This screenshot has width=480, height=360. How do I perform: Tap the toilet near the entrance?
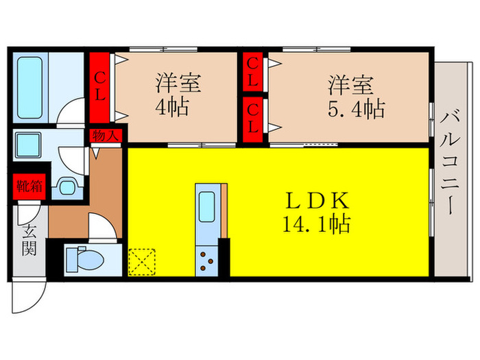pyautogui.click(x=86, y=260)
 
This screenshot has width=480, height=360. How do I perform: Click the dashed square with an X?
pyautogui.click(x=142, y=261)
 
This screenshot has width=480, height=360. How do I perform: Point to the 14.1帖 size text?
pyautogui.click(x=317, y=223)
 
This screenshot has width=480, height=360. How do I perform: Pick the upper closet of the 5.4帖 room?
pyautogui.click(x=252, y=73)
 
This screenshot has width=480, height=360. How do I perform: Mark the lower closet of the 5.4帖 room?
pyautogui.click(x=252, y=117)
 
